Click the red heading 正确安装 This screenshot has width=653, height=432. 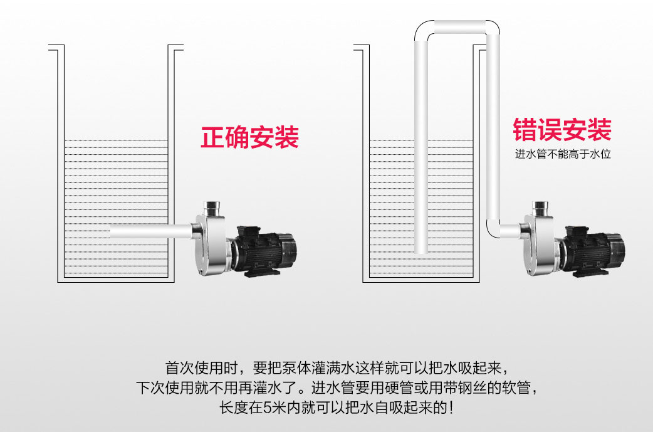coord(249,137)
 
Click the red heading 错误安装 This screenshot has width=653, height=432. coord(562,130)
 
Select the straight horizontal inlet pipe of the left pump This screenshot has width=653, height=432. coord(150,231)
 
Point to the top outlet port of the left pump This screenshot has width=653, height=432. coord(212,206)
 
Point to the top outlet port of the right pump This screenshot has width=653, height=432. coord(540,206)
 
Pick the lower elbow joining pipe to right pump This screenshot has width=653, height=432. coord(494,229)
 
